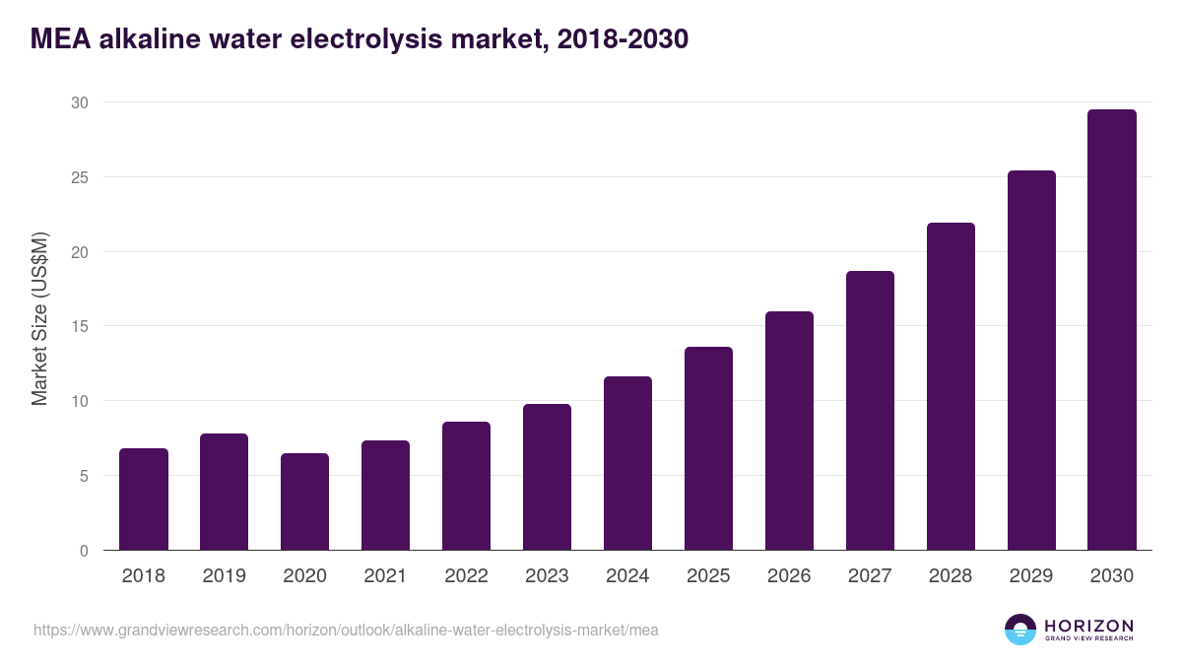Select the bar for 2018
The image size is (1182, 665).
[144, 499]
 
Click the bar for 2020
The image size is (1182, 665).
[305, 501]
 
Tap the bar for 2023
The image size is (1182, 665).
[548, 477]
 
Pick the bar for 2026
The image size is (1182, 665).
[790, 431]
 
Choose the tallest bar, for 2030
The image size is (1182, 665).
[1112, 330]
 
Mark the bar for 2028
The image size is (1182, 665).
[951, 386]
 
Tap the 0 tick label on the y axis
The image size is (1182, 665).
[84, 551]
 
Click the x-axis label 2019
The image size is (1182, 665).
[225, 576]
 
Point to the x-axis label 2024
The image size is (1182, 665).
[628, 576]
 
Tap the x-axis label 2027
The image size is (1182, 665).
[870, 576]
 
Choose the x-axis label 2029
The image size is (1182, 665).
[1031, 576]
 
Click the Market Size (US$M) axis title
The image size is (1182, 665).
[39, 318]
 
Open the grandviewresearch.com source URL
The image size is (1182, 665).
[346, 630]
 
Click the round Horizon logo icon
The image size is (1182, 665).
[1019, 630]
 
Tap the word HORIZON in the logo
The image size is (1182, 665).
[1088, 625]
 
